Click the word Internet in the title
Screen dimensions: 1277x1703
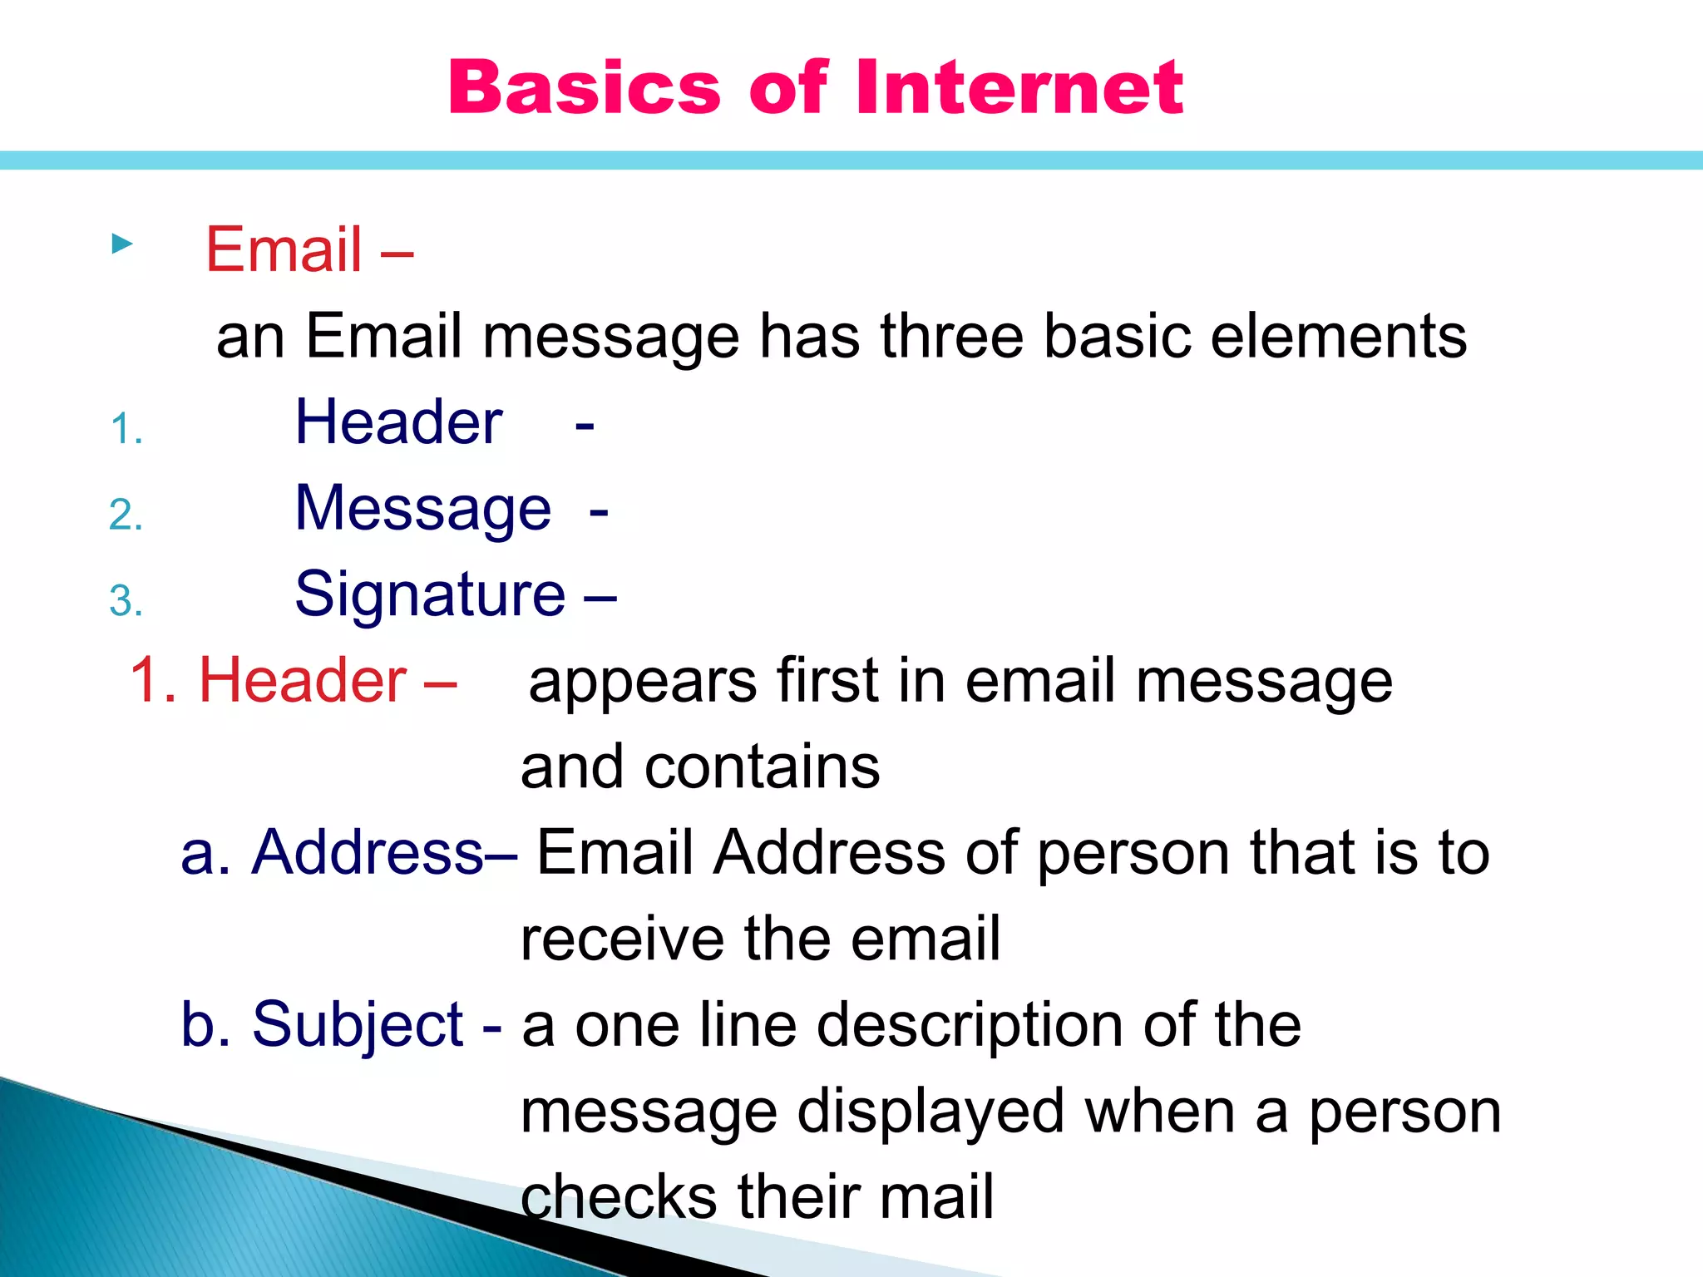(x=1019, y=87)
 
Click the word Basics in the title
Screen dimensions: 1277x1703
(x=584, y=87)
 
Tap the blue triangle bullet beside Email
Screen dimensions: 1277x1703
(x=121, y=244)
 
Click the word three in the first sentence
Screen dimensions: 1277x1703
(x=950, y=336)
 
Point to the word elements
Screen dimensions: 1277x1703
(x=1338, y=336)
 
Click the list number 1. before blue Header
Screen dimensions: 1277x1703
(x=126, y=430)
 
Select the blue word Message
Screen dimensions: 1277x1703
(x=422, y=509)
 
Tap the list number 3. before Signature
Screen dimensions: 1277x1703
(x=126, y=601)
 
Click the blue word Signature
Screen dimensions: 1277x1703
(x=430, y=594)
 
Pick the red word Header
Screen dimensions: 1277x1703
(x=303, y=680)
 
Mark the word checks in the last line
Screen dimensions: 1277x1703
(x=618, y=1197)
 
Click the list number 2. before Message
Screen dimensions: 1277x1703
(x=126, y=515)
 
